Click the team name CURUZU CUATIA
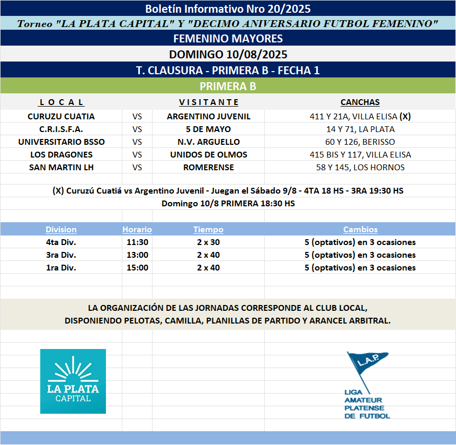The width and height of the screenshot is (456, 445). [61, 116]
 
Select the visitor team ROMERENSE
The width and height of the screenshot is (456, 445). [208, 167]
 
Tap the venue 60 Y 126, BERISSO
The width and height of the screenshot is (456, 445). [360, 142]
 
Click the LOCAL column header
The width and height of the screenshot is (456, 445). [61, 102]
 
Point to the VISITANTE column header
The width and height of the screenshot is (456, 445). [209, 102]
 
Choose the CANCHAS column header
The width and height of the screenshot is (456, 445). [360, 102]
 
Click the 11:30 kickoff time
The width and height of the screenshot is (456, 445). [137, 242]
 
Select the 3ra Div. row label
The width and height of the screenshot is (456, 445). [61, 255]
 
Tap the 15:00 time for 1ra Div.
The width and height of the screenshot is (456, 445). [137, 267]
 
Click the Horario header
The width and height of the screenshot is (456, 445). [137, 230]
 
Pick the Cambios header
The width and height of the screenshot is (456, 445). [360, 230]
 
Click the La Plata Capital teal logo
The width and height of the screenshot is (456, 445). [73, 381]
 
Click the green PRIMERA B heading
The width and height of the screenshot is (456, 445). [228, 86]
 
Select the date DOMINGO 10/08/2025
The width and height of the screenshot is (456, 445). [228, 54]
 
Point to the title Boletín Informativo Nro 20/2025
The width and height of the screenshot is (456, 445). [228, 8]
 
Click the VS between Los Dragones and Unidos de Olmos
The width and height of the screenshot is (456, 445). [137, 154]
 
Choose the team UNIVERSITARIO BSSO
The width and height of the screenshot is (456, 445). [61, 142]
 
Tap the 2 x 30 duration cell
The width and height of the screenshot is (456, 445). [208, 242]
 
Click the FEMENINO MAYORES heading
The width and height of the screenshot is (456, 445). [228, 38]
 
